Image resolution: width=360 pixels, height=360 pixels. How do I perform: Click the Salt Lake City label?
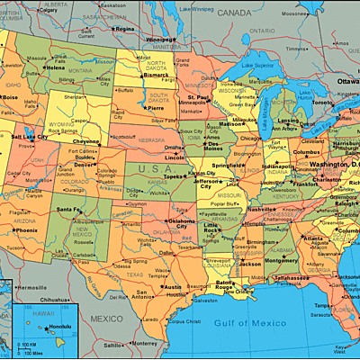tap(29, 137)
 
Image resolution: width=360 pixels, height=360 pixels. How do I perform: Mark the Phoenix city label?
tap(27, 229)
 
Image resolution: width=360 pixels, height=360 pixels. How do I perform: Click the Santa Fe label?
tap(68, 210)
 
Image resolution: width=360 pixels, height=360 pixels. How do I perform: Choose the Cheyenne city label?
tap(86, 141)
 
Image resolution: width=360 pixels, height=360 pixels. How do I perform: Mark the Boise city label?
tap(11, 97)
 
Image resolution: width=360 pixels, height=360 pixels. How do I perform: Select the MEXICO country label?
tap(106, 319)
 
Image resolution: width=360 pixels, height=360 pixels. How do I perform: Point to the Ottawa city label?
tap(347, 81)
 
